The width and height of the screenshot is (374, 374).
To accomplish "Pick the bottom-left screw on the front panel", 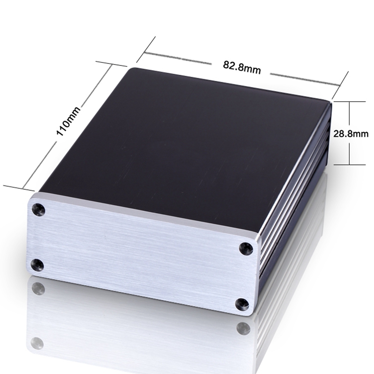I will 37,265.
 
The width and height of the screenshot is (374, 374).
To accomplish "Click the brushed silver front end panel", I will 140,252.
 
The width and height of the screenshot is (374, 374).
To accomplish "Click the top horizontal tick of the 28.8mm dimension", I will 349,101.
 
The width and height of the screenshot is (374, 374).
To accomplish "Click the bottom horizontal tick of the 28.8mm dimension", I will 349,165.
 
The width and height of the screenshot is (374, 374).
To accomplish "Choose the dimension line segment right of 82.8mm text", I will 304,79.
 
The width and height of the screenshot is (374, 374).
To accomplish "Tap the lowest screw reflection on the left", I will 37,344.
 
